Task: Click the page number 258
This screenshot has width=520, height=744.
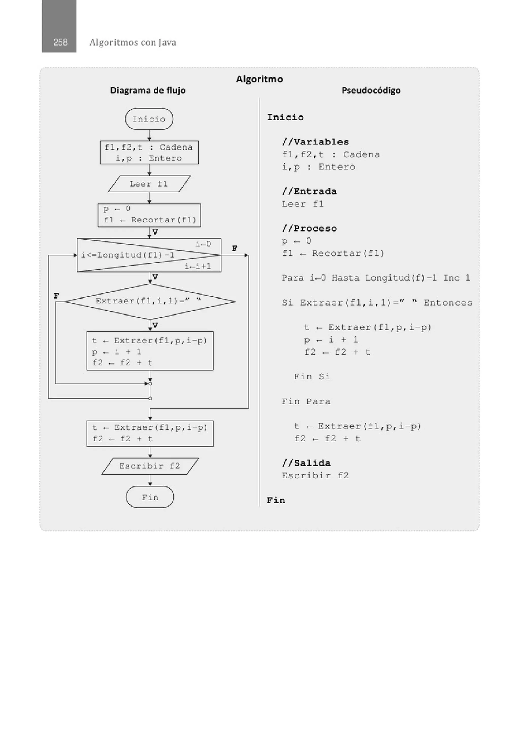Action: (60, 42)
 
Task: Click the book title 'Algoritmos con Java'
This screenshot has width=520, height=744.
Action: (133, 42)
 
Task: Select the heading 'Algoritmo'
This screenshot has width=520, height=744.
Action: (259, 79)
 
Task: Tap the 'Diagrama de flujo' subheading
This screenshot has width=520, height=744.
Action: (148, 90)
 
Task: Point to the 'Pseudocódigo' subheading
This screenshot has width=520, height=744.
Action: (371, 90)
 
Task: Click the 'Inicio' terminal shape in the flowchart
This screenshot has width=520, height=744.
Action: (149, 119)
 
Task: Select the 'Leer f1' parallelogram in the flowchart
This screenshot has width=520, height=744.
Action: (149, 184)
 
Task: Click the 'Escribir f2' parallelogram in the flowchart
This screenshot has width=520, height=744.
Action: (150, 466)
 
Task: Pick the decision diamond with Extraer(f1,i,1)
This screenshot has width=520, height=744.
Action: (150, 301)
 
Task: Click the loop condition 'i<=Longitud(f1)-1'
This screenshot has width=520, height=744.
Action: (128, 255)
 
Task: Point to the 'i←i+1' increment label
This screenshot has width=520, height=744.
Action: (198, 266)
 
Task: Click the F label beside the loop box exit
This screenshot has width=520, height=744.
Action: (235, 248)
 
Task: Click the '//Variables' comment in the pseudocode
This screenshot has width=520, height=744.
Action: (315, 142)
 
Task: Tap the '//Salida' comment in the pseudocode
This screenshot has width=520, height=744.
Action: (306, 463)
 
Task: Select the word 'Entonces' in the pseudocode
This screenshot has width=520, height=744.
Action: (448, 303)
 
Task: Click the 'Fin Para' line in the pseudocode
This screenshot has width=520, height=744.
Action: (306, 402)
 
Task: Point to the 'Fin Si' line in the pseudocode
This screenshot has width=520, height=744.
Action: (312, 376)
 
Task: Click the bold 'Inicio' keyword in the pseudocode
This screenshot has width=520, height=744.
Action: (285, 117)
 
